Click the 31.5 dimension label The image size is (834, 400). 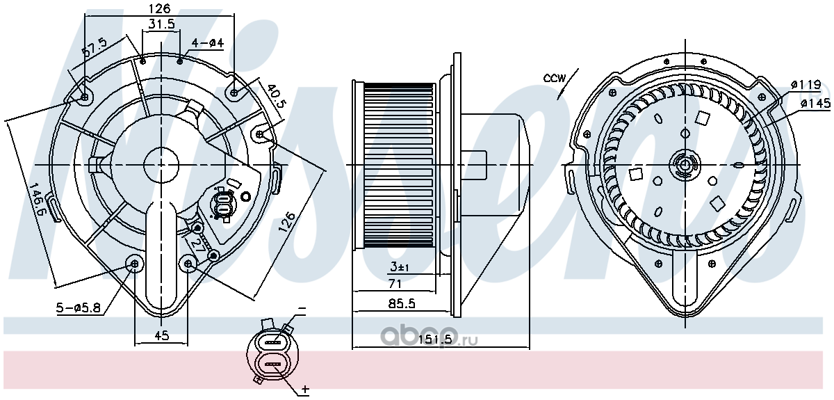click(161, 24)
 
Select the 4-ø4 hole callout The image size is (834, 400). click(208, 43)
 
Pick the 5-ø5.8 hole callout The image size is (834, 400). click(79, 307)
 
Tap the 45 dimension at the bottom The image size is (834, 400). click(161, 335)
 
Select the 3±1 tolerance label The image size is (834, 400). click(400, 267)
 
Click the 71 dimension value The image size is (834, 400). click(395, 284)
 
